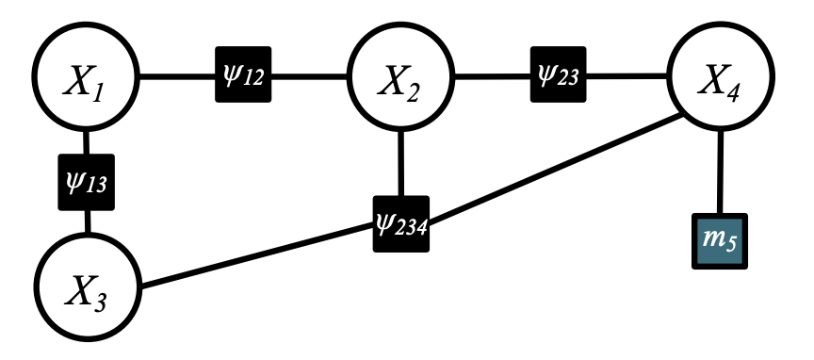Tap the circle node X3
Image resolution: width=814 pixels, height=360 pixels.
tap(87, 285)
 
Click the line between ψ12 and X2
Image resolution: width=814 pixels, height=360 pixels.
tap(311, 75)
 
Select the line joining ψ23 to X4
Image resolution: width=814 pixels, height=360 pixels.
tap(627, 75)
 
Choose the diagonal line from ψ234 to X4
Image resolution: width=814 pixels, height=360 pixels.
tap(556, 171)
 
